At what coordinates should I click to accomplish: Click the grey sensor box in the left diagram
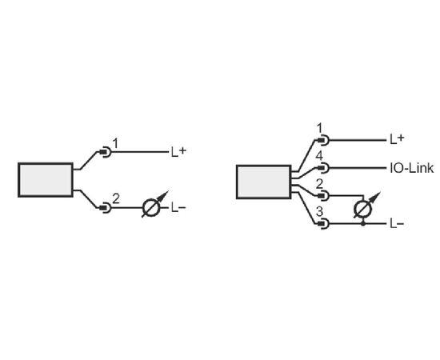(46, 180)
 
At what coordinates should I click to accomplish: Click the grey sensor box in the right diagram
(264, 182)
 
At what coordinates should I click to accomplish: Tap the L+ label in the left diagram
(178, 152)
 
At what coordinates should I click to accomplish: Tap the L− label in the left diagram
(178, 208)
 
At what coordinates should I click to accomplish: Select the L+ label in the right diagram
(397, 139)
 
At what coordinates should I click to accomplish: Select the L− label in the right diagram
(397, 224)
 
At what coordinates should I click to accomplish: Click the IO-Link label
(412, 168)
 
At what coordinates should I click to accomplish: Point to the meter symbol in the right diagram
(366, 206)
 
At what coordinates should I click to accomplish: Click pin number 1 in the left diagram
(115, 143)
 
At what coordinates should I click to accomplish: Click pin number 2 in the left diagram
(116, 198)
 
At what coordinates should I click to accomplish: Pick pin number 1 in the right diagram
(319, 129)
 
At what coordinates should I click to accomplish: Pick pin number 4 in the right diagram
(319, 156)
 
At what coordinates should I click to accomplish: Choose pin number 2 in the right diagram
(320, 184)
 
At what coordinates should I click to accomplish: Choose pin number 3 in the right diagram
(320, 212)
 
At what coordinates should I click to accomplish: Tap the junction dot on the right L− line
(363, 224)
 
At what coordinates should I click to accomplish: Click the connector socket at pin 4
(323, 168)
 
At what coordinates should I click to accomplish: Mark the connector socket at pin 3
(323, 224)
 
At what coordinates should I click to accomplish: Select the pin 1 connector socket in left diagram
(106, 152)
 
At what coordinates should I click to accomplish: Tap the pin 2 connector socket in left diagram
(106, 208)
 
